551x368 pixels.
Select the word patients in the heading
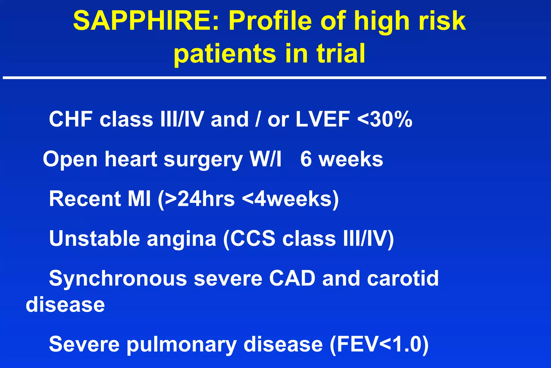point(225,53)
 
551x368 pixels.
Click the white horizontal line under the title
point(274,78)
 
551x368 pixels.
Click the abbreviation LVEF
point(323,119)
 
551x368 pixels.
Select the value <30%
point(385,119)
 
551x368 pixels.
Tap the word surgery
point(203,159)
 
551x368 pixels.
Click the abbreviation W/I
point(265,159)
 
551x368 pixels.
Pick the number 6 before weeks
point(306,159)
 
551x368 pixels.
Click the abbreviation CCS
point(253,238)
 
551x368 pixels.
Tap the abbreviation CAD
point(292,278)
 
